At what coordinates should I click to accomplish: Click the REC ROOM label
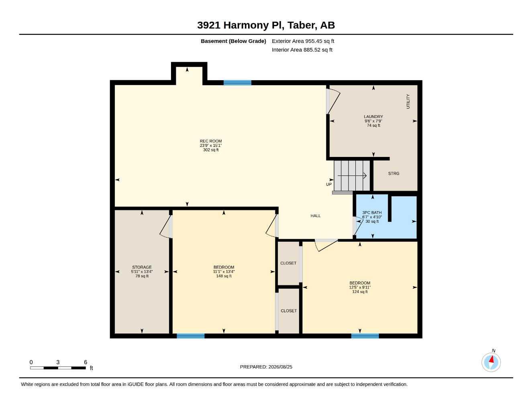tap(210, 141)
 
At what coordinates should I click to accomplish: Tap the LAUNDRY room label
tap(373, 117)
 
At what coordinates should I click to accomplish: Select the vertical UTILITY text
tap(408, 101)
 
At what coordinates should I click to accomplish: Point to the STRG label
tap(393, 173)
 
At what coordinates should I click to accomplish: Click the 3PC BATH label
tap(372, 213)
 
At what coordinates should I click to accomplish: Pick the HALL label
tap(315, 216)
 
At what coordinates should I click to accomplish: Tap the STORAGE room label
tap(142, 267)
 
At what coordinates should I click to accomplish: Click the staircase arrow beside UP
tap(352, 175)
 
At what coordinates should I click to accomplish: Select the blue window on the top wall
tap(237, 82)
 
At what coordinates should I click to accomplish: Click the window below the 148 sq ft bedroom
tap(190, 336)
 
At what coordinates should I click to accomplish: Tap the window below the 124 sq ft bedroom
tap(365, 336)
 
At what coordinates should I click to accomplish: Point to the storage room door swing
tap(165, 226)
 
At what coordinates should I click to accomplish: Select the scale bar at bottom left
tap(58, 368)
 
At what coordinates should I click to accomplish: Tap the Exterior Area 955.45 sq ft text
tap(303, 41)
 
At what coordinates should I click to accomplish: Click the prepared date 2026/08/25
tap(280, 367)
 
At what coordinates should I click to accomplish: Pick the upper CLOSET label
tap(288, 263)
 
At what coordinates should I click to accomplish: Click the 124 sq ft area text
tap(360, 292)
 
